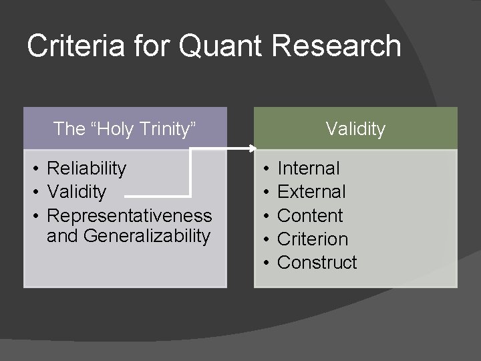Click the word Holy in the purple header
pos(112,128)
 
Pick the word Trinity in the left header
pos(166,128)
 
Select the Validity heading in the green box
pos(355,128)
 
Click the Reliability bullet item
pos(86,168)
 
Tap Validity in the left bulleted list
pos(77,192)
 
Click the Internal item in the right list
pos(308,168)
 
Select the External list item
pos(311,192)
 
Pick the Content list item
pos(309,216)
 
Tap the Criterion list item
pos(313,239)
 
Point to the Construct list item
pos(317,262)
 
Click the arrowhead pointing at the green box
pos(253,148)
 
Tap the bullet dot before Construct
pos(265,262)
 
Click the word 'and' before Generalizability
pos(61,235)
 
